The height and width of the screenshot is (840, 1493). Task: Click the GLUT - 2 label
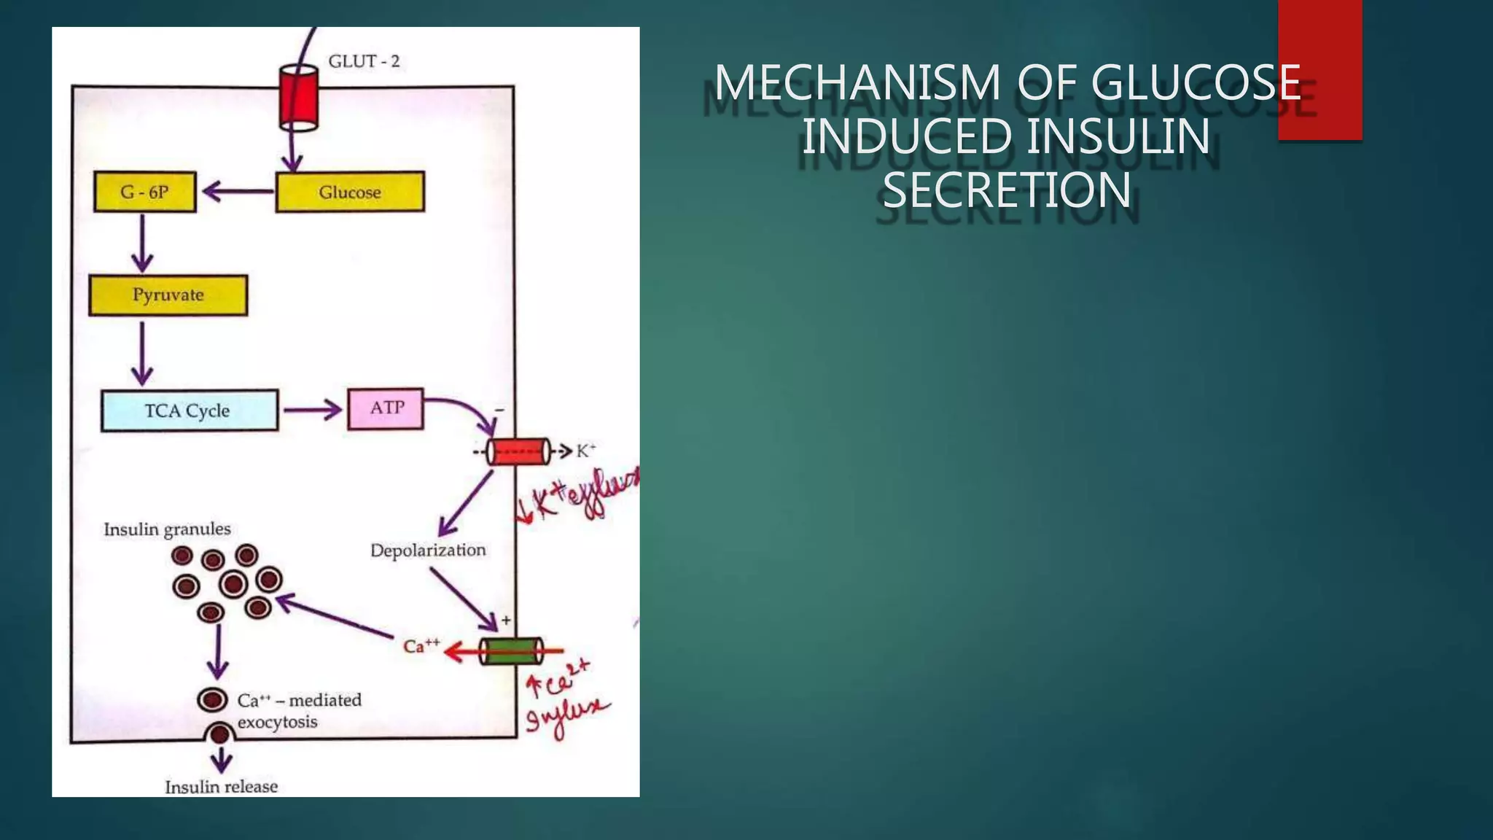coord(364,61)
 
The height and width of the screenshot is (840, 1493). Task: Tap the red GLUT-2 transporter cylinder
coord(299,97)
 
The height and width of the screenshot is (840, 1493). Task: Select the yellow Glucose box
coord(350,192)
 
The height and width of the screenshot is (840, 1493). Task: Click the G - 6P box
coord(145,192)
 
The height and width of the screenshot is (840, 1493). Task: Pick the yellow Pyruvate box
coord(168,295)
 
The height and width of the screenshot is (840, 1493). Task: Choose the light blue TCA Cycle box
coord(189,411)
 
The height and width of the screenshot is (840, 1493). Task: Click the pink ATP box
coord(386,408)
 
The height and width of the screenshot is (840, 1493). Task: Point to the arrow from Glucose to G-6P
coord(238,192)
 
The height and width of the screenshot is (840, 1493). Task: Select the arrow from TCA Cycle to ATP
coord(312,410)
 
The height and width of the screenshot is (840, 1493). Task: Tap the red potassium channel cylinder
coord(518,452)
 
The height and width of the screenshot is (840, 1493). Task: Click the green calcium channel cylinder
coord(512,650)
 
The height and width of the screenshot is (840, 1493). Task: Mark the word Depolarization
coord(428,551)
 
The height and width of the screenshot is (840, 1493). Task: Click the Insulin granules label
coord(167,529)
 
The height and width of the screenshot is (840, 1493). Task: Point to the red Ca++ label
coord(421,645)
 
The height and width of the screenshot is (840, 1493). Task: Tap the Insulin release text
coord(221,787)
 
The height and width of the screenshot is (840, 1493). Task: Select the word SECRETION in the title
coord(1007,191)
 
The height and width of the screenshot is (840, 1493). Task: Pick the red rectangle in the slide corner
coord(1319,70)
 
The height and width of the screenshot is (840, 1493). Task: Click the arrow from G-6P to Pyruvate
coord(142,243)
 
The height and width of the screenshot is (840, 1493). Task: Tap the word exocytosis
coord(277,723)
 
